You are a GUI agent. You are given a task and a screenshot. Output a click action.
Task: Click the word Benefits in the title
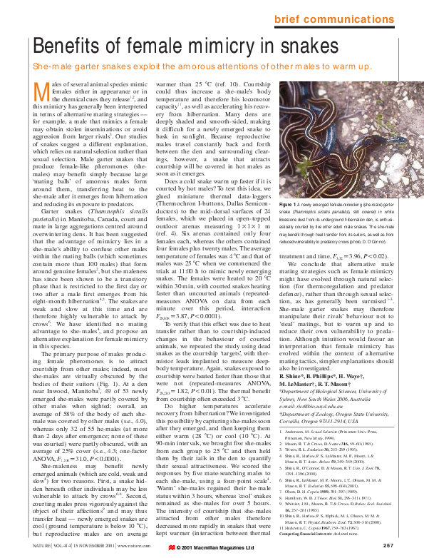[x=72, y=46]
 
